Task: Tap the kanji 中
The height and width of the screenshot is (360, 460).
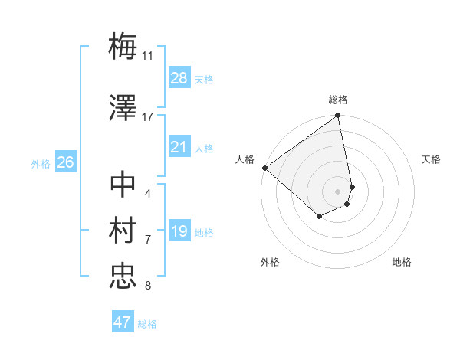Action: [x=123, y=185]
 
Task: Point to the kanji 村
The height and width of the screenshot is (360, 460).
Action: [x=123, y=231]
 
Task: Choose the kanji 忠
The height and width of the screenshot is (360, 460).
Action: [x=123, y=277]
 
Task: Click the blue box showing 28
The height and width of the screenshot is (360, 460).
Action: [x=179, y=77]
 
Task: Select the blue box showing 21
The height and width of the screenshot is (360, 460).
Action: [x=179, y=147]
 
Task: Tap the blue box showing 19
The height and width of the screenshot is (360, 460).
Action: [x=179, y=231]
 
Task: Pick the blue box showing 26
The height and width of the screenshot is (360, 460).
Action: [x=65, y=162]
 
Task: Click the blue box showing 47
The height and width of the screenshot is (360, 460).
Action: [x=123, y=322]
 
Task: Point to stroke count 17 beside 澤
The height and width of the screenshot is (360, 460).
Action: [x=148, y=117]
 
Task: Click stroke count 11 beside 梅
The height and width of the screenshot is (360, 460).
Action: [x=148, y=55]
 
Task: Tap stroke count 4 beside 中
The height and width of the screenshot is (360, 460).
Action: [x=147, y=193]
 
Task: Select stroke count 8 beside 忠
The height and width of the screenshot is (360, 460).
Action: [x=147, y=286]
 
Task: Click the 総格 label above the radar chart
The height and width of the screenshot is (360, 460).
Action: [x=338, y=100]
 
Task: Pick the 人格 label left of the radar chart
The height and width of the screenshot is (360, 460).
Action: [x=245, y=159]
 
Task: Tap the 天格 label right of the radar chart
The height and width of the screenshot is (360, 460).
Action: [x=431, y=159]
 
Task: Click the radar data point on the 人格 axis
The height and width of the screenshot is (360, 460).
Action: [x=264, y=168]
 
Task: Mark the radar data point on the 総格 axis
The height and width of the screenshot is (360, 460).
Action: [x=338, y=116]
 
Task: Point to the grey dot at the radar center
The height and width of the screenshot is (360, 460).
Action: [x=338, y=191]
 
